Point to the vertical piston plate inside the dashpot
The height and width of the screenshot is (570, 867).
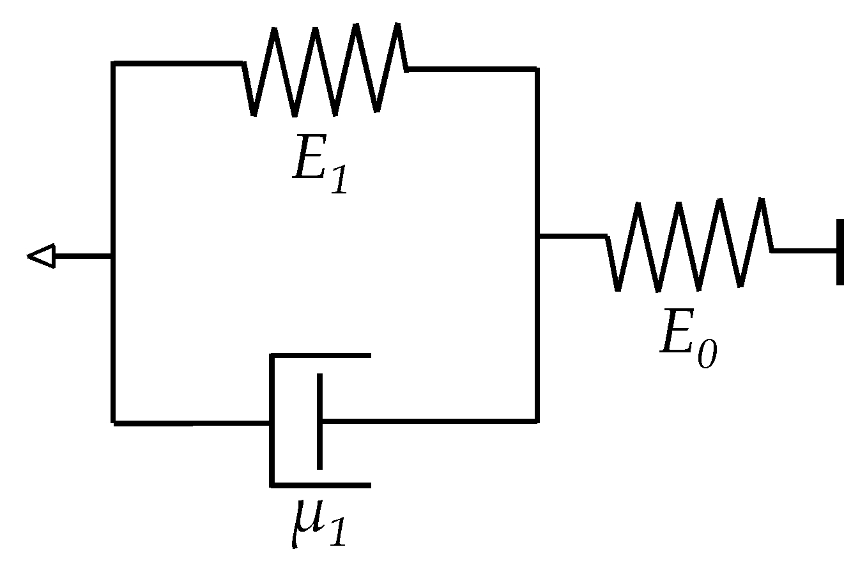tap(319, 421)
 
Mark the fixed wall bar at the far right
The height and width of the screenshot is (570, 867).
tap(840, 251)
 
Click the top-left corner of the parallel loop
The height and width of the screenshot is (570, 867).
tap(114, 63)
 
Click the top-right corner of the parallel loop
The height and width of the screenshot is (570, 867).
tap(536, 69)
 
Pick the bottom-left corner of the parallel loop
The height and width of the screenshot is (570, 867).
tap(114, 422)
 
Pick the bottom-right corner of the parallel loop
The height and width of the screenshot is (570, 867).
tap(536, 421)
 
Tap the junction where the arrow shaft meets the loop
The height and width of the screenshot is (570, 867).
tap(114, 257)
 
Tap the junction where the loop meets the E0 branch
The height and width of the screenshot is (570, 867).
tap(537, 236)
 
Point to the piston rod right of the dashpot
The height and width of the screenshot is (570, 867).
tap(428, 421)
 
